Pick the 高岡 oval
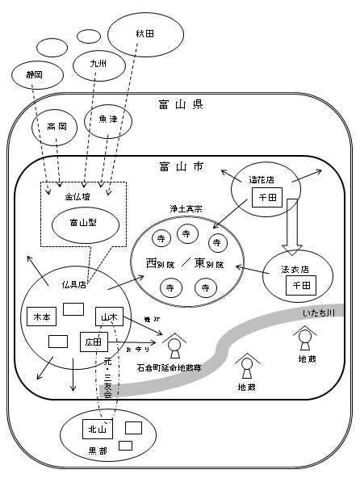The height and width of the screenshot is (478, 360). pos(57,127)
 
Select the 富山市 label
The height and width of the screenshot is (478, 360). pos(181,167)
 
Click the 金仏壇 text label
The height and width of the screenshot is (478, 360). pos(77,196)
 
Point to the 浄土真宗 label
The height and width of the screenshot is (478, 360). pos(186,208)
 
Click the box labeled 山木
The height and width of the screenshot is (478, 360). pos(108,316)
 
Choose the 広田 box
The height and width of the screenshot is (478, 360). pos(93,342)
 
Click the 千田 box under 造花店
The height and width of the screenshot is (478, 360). pos(265,197)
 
